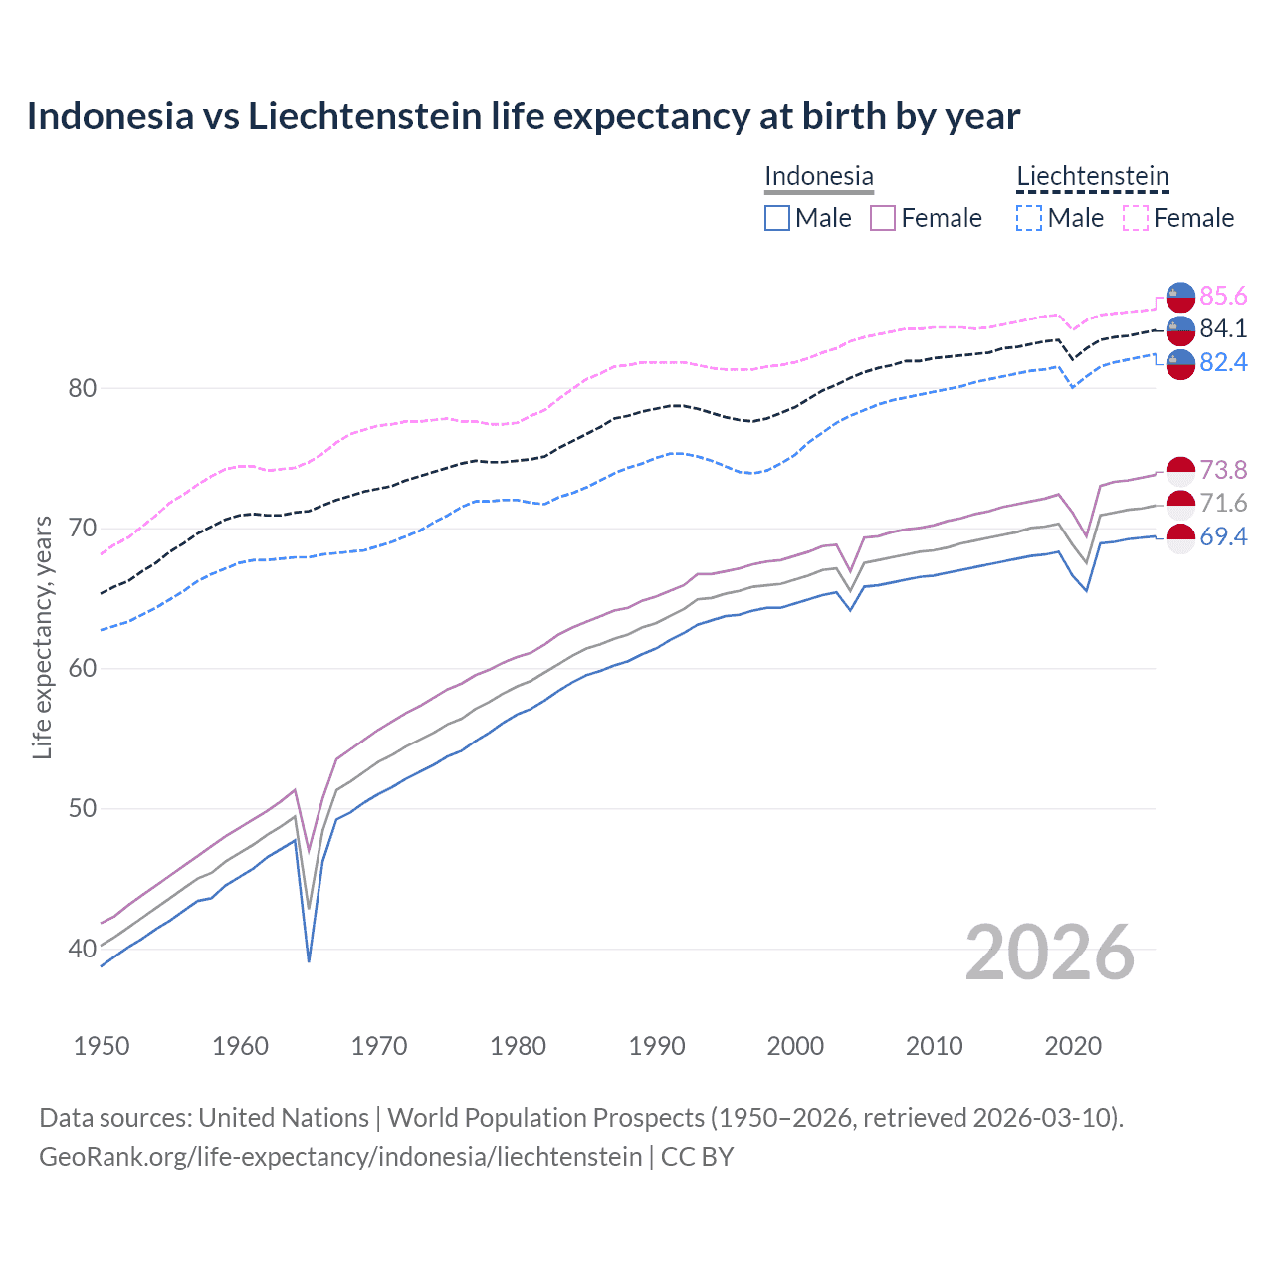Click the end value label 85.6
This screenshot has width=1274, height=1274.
[1223, 296]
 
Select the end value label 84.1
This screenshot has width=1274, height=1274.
[1223, 328]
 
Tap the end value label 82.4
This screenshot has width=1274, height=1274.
[1223, 362]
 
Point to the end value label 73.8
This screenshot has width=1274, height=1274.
[1223, 470]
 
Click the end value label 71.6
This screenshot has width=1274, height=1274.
[1223, 504]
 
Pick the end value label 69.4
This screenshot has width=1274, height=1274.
[1223, 536]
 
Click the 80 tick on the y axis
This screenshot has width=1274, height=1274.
[83, 388]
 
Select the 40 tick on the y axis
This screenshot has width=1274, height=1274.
[83, 949]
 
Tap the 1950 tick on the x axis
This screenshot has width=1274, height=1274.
[102, 1046]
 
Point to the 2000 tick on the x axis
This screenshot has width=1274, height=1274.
[795, 1046]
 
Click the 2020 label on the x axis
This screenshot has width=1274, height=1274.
[1073, 1046]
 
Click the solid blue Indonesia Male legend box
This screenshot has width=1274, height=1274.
[777, 218]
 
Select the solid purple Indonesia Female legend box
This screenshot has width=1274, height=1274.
[883, 218]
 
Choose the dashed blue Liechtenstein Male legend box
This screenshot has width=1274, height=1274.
[1029, 218]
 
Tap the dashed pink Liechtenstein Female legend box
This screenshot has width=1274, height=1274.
[1136, 218]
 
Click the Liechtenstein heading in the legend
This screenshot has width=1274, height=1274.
[1092, 176]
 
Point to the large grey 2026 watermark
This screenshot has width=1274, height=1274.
[1050, 953]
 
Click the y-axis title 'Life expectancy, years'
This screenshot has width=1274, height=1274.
[42, 637]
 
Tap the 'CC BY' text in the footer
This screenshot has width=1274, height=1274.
[697, 1156]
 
